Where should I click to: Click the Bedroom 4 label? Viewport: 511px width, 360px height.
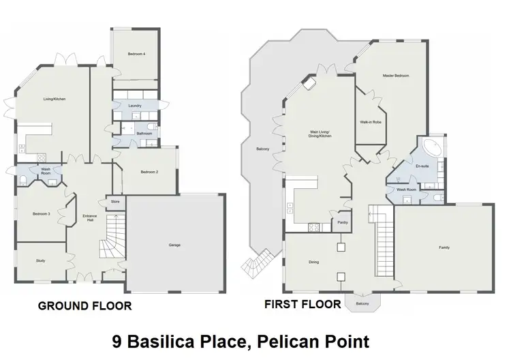tap(136, 53)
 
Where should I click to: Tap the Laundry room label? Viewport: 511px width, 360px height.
tap(136, 106)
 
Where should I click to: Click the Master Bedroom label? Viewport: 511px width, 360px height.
tap(395, 76)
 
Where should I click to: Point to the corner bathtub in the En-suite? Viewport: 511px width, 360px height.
tap(432, 147)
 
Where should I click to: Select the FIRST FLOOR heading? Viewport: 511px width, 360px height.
tap(303, 305)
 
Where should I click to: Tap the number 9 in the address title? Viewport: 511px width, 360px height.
tap(116, 341)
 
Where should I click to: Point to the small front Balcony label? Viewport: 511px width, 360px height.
tap(362, 304)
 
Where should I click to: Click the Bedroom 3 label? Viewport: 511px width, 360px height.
tap(41, 214)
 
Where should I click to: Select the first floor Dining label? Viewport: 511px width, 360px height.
tap(313, 262)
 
